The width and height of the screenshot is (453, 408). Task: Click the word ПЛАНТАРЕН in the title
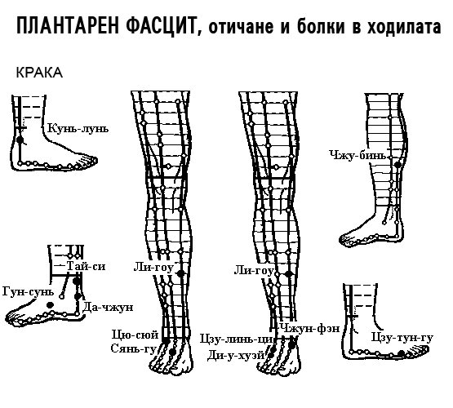pos(67,25)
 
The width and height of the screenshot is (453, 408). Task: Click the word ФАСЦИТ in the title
pos(161,26)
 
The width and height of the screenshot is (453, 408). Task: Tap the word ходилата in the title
pos(404,27)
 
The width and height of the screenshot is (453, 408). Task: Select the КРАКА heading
pos(39,73)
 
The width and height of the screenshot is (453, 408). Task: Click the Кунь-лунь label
pos(78,128)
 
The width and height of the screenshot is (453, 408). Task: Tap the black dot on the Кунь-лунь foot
pos(20,140)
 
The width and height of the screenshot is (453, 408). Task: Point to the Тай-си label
pos(86,266)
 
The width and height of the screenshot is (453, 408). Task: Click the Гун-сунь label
pos(29,291)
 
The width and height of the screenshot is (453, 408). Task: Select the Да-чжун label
pos(108,308)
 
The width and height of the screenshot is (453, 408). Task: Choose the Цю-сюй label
pos(135,335)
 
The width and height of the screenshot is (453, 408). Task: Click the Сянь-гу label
pos(134,348)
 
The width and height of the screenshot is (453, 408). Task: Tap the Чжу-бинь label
pos(358,155)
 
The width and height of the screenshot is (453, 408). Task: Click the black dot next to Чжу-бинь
pos(397,165)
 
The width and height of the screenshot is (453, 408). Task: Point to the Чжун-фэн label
pos(309,328)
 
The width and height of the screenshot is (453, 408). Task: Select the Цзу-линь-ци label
pos(237,339)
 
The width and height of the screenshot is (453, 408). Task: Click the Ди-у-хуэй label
pos(237,355)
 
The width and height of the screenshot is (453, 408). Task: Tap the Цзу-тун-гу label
pos(402,338)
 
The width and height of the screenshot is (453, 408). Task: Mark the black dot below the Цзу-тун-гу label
pos(401,353)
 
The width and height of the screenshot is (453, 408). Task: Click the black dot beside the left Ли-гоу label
pos(180,273)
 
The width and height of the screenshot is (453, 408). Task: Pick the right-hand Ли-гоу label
pos(254,271)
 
